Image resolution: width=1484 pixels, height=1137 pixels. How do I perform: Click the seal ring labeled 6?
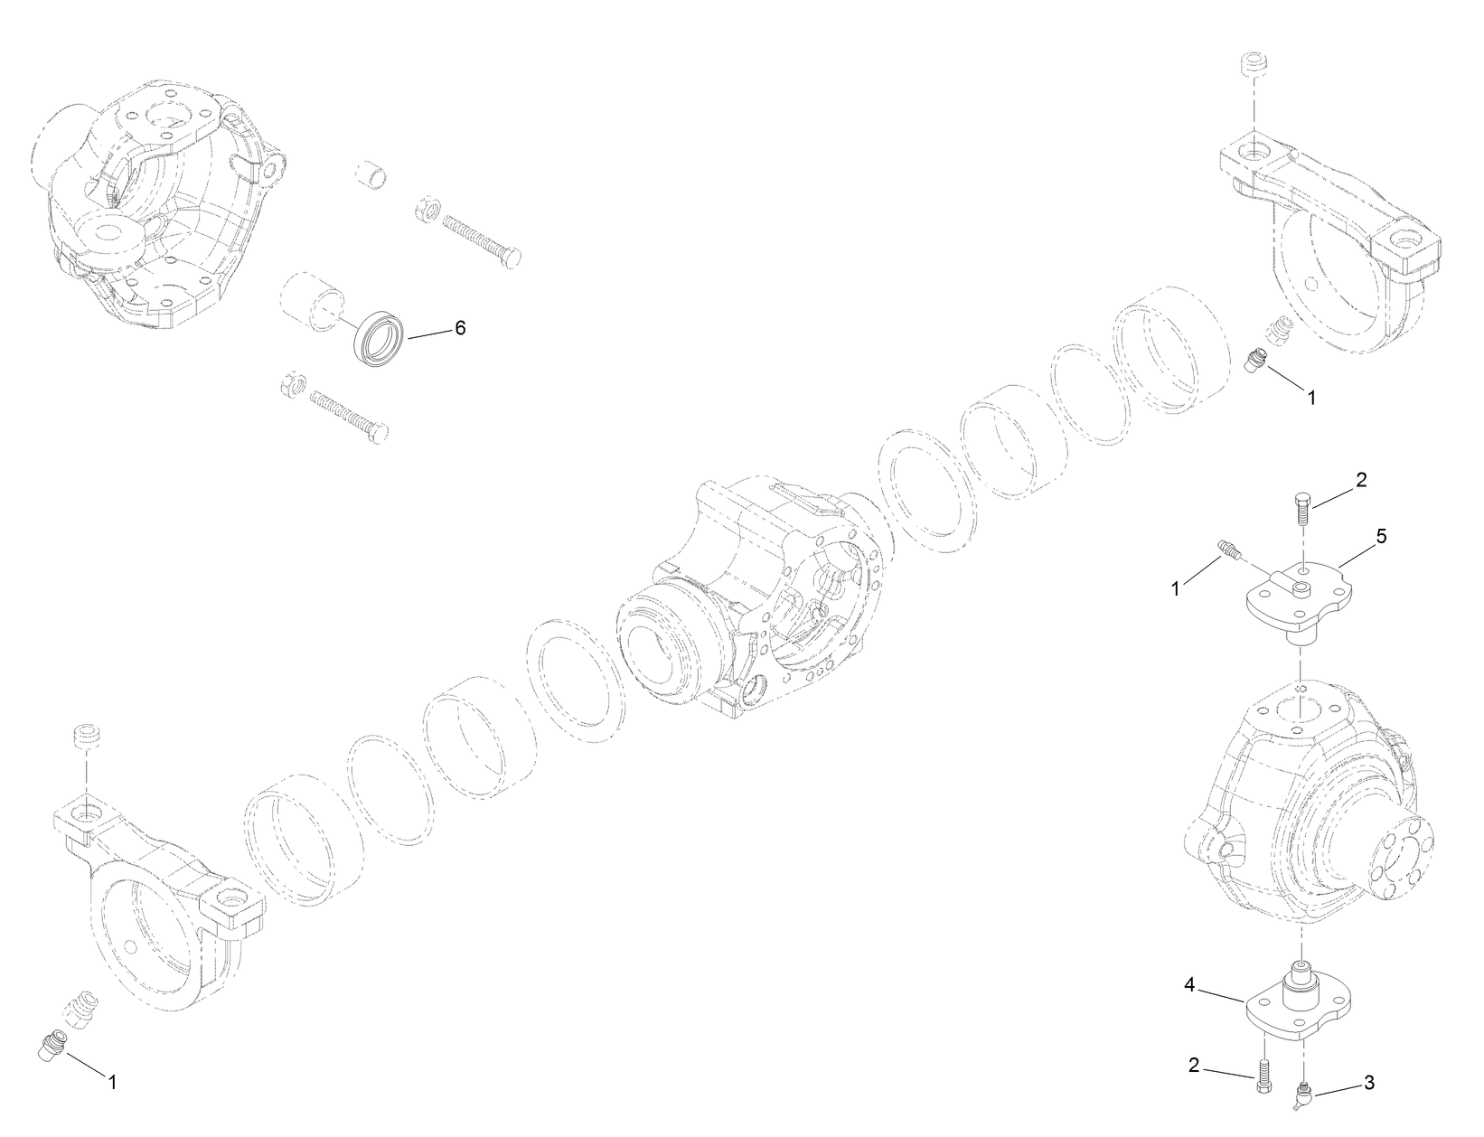point(377,338)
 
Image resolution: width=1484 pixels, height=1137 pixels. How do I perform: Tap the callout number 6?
point(460,328)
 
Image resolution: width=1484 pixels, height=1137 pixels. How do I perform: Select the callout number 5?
point(1381,536)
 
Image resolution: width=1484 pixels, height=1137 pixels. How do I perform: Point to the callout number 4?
point(1190,987)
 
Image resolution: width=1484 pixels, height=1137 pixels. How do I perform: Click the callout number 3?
point(1369,1082)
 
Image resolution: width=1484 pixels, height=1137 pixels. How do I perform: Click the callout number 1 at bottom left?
point(113,1081)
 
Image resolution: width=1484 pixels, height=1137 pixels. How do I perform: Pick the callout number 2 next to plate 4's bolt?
point(1194,1066)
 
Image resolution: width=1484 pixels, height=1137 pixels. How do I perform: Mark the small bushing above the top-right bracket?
point(1254,67)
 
